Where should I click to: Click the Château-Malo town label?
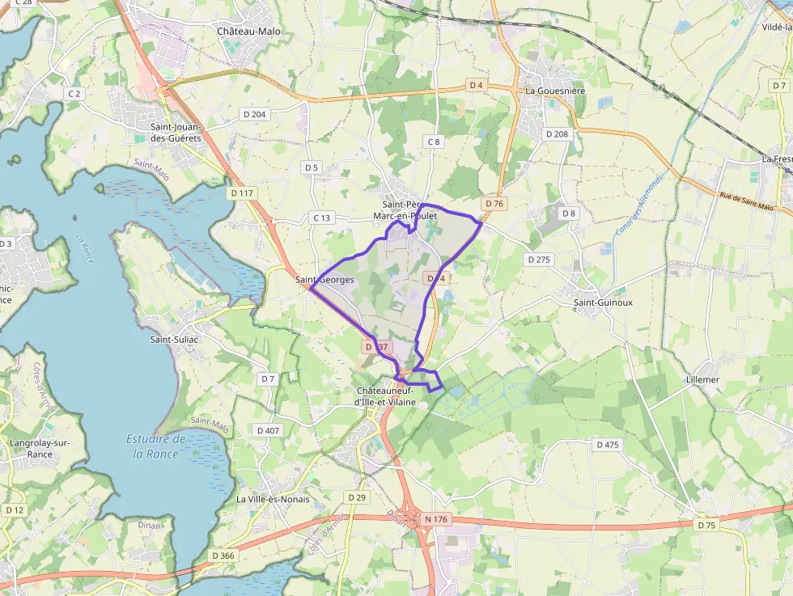point(248,32)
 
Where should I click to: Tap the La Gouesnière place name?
point(555,91)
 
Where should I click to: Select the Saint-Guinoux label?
point(603,302)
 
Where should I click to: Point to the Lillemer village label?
point(702,379)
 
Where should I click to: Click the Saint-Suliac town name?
point(174,340)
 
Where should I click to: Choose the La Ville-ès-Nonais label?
point(273,499)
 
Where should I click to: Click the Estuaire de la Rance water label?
point(156,446)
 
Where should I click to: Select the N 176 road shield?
point(435,519)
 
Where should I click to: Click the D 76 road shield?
point(494,204)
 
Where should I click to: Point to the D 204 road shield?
point(254,115)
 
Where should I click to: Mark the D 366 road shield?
point(223,556)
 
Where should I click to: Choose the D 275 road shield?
point(538,260)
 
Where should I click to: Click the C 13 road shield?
point(322,218)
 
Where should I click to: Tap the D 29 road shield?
point(356,497)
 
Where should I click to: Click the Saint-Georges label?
point(324,280)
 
